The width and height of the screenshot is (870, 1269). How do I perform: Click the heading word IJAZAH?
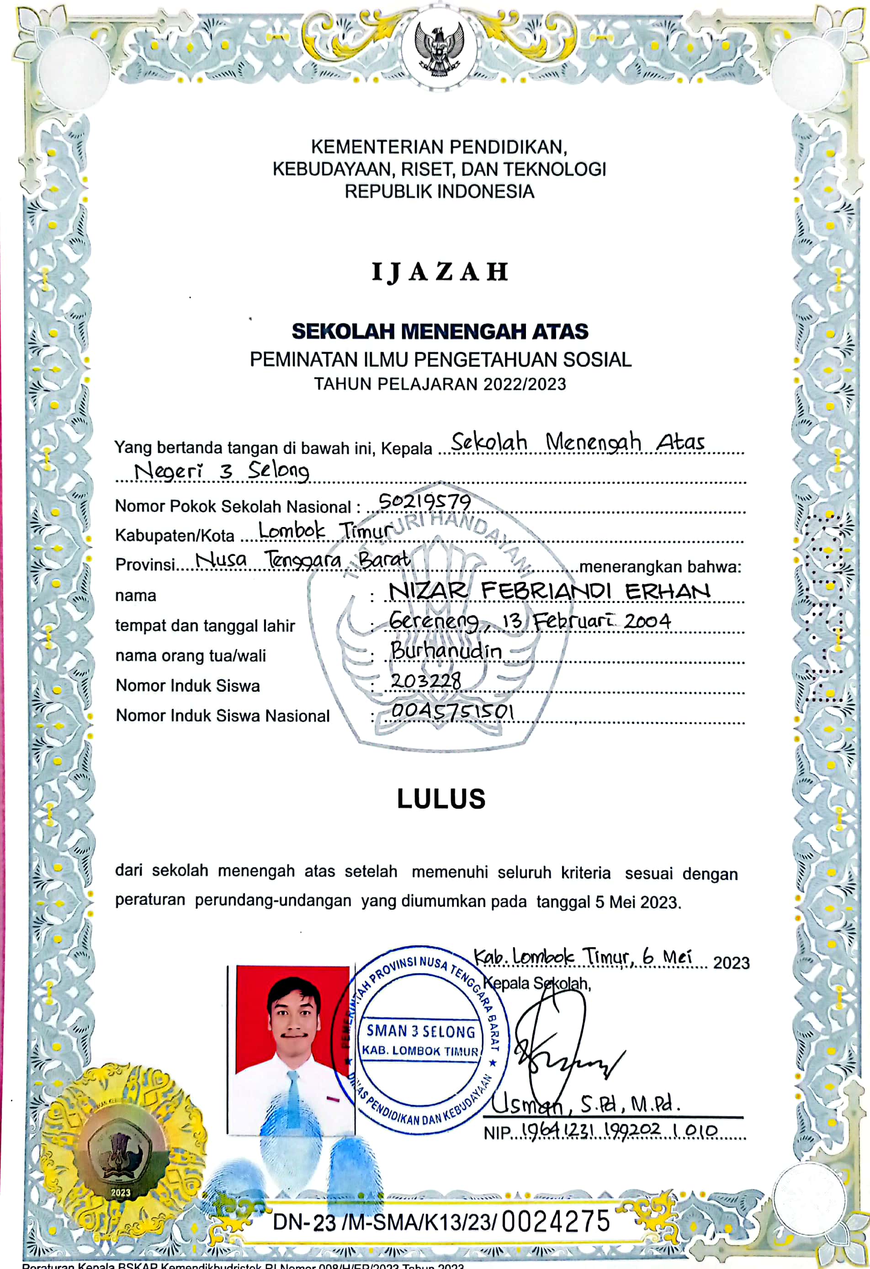[440, 272]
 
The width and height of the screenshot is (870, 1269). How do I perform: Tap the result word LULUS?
[441, 799]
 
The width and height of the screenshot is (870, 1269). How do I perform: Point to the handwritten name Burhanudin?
[446, 650]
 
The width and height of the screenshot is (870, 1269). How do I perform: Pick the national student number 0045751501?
[452, 711]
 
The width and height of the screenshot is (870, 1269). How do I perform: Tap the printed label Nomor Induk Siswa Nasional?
[223, 715]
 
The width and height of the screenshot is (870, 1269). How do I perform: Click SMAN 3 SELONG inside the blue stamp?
[420, 1031]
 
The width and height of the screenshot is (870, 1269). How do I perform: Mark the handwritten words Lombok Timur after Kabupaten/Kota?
[325, 530]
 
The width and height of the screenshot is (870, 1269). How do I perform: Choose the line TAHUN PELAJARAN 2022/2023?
[440, 384]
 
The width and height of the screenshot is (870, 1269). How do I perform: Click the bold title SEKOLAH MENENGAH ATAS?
[440, 331]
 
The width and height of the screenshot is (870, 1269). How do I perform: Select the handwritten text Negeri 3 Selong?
[222, 471]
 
